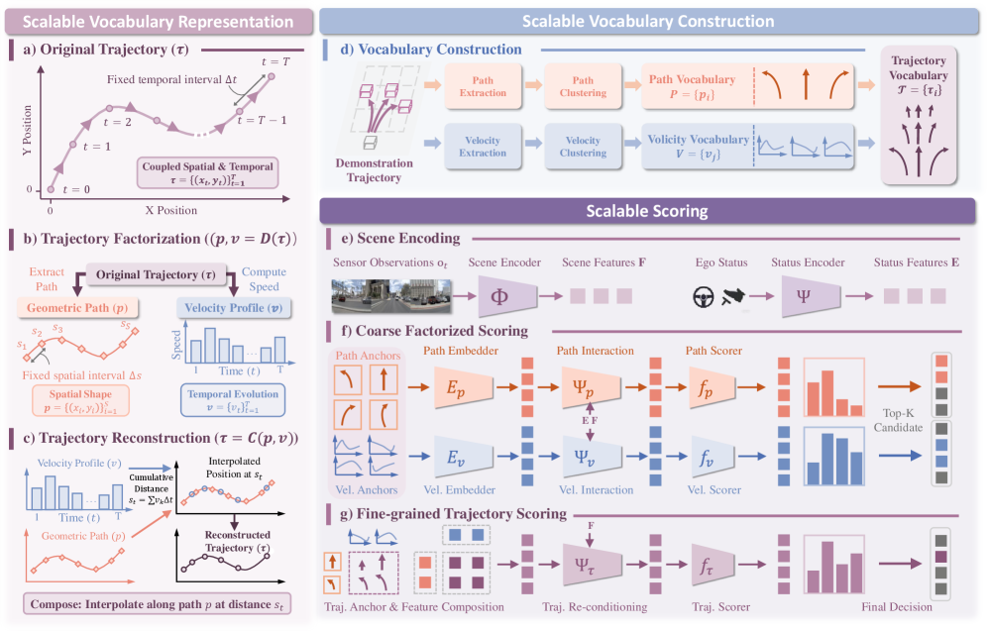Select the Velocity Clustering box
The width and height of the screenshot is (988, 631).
(583, 147)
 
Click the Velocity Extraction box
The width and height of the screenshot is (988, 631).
(483, 147)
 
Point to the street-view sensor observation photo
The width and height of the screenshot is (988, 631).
(391, 296)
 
